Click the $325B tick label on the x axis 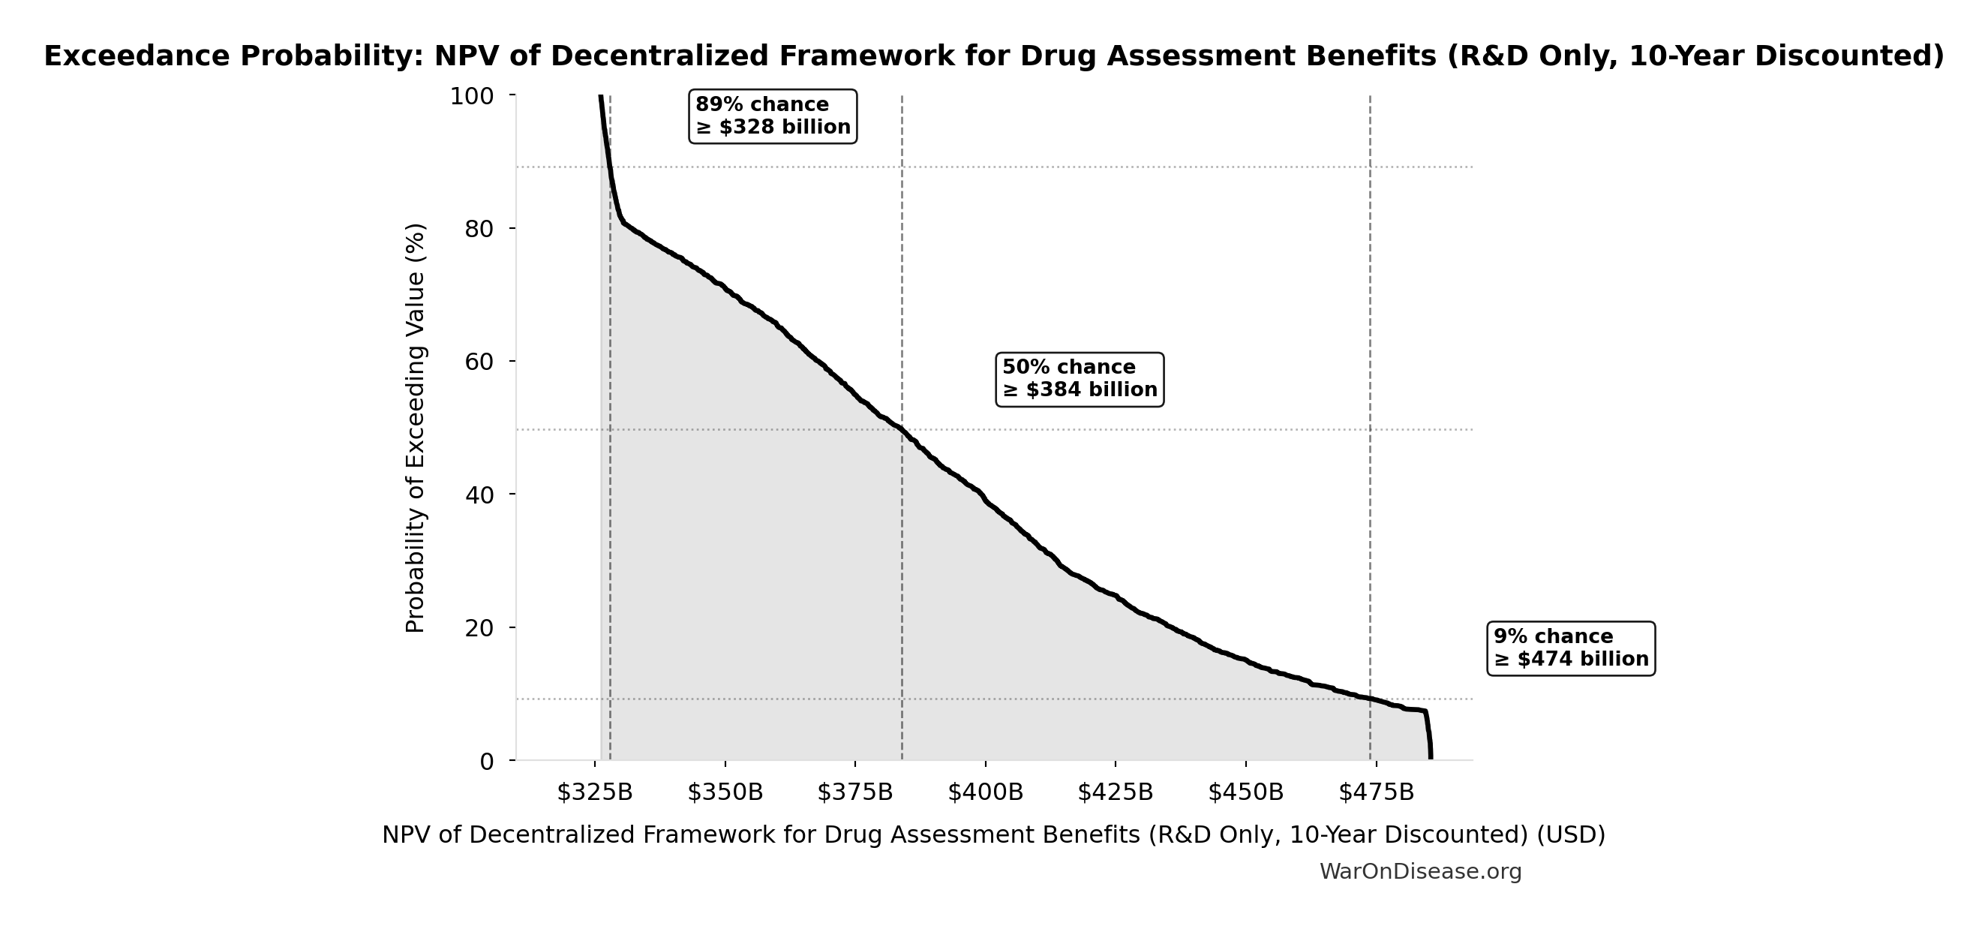pos(594,792)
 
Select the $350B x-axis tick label pos(725,792)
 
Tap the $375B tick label pos(855,792)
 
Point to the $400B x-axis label pos(985,792)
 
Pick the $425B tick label pos(1116,792)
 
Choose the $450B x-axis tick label pos(1245,792)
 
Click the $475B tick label pos(1376,792)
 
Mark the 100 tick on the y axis pos(472,98)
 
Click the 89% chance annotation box pos(773,116)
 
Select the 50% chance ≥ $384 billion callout pos(1080,379)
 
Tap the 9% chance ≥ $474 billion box pos(1570,648)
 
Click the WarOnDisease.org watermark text pos(1420,871)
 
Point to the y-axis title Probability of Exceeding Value pos(415,428)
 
